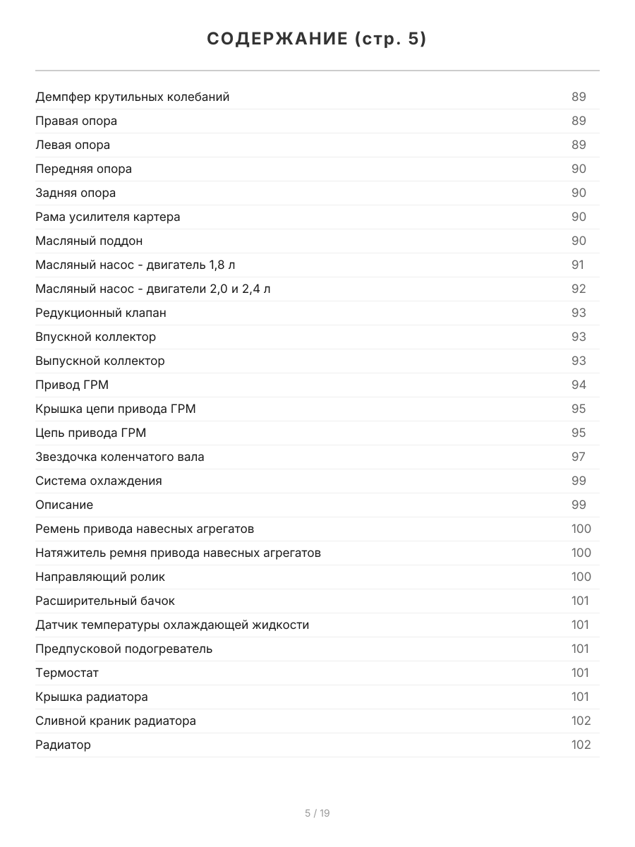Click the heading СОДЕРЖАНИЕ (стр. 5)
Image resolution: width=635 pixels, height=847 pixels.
coord(317,39)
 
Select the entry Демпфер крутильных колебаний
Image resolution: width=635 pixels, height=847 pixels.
coord(132,97)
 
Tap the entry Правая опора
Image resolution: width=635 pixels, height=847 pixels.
coord(76,121)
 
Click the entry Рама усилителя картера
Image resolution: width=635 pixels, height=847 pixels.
coord(107,217)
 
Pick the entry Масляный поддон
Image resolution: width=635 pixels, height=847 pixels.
coord(89,241)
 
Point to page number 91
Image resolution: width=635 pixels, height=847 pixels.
coord(578,265)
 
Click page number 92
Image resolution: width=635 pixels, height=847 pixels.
coord(579,289)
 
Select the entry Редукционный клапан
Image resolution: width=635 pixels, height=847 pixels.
coord(101,313)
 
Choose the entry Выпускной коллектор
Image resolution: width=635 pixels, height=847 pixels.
coord(100,361)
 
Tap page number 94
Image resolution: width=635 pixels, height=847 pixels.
coord(579,385)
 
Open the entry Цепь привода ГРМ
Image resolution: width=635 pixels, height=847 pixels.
coord(90,433)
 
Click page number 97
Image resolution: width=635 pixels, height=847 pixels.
coord(579,457)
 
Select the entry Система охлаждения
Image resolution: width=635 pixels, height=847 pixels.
coord(99,481)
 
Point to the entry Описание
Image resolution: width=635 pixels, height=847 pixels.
coord(64,505)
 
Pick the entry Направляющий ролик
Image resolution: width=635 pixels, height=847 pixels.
coord(100,577)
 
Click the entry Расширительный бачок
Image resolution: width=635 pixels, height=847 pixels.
coord(105,601)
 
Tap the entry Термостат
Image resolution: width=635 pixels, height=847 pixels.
coord(67,673)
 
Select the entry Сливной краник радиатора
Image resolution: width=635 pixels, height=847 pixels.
coord(116,721)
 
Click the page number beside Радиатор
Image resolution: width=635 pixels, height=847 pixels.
coord(581,745)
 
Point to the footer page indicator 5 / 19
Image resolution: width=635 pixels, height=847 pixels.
coord(317,813)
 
